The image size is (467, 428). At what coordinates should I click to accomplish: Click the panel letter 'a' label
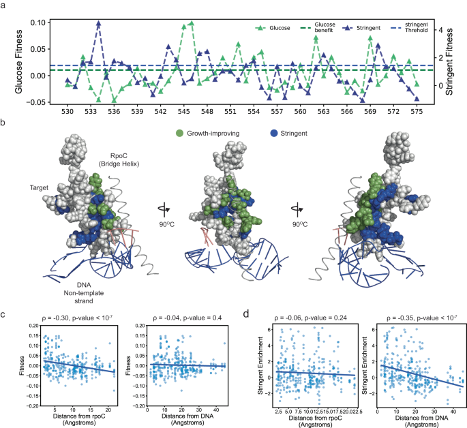pos(5,5)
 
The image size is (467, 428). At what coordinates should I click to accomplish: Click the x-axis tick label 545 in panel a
pos(183,111)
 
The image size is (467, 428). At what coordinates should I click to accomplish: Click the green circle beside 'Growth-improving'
pos(180,134)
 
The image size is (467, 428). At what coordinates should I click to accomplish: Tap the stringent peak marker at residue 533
pos(98,23)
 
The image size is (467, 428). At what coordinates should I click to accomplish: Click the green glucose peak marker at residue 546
pos(192,23)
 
